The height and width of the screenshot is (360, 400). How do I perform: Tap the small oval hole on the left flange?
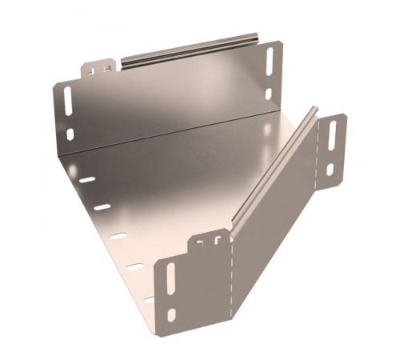[71, 134]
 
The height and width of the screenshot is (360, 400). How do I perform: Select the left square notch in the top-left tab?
[93, 70]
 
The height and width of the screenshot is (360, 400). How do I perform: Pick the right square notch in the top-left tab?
[106, 67]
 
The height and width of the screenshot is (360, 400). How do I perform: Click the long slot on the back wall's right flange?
[269, 62]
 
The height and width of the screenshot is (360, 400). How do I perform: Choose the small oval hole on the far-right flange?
[329, 170]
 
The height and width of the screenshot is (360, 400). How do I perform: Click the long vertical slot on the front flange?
[170, 279]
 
